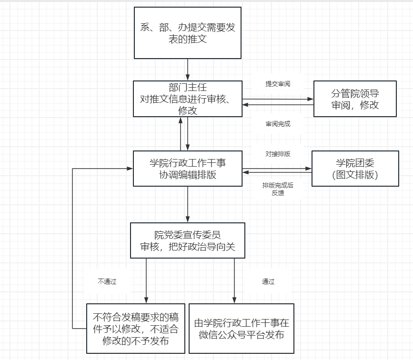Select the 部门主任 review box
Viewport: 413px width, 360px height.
[188, 99]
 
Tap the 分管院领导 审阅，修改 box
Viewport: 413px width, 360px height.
[355, 99]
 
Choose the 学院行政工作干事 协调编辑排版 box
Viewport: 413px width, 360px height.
[188, 169]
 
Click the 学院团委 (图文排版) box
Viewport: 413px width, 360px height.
[355, 169]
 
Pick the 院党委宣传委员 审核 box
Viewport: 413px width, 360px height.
[188, 240]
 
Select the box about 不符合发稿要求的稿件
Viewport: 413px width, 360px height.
[136, 329]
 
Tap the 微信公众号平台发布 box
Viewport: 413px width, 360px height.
[242, 329]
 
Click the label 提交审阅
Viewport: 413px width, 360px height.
[278, 84]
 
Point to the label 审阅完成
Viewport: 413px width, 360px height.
[278, 124]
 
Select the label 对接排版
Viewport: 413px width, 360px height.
[278, 154]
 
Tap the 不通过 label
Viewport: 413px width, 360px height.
[107, 281]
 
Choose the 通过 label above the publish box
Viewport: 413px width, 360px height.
[268, 281]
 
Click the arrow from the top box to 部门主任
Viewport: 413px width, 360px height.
[188, 70]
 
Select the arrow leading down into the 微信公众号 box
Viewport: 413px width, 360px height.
[234, 281]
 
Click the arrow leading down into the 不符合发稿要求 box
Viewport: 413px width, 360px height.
[146, 281]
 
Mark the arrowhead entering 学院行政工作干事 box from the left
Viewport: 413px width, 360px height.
[130, 168]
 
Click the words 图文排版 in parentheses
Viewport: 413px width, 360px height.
[355, 175]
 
